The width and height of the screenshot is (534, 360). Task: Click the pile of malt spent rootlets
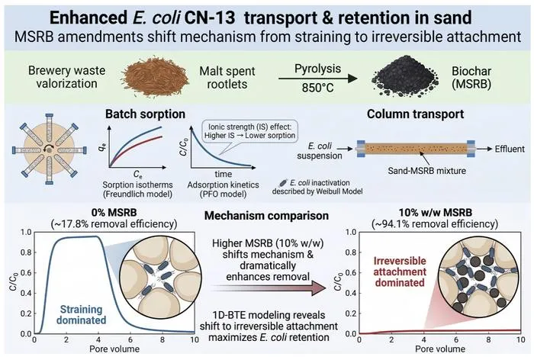pyautogui.click(x=156, y=77)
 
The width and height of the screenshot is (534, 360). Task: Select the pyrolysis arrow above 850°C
pyautogui.click(x=318, y=79)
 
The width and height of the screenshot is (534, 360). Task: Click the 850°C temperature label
pyautogui.click(x=318, y=88)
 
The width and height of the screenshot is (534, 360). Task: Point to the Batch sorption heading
pyautogui.click(x=145, y=114)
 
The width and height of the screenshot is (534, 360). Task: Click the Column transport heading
pyautogui.click(x=415, y=114)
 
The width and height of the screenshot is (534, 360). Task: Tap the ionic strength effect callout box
pyautogui.click(x=249, y=131)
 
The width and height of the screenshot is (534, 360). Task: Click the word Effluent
pyautogui.click(x=510, y=149)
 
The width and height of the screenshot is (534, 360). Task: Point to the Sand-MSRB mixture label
pyautogui.click(x=426, y=170)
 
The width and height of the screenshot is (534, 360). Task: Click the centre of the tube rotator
pyautogui.click(x=50, y=149)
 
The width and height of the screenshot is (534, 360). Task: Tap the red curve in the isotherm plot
pyautogui.click(x=137, y=150)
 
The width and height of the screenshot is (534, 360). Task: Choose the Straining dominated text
pyautogui.click(x=81, y=314)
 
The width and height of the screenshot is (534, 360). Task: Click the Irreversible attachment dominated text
pyautogui.click(x=400, y=272)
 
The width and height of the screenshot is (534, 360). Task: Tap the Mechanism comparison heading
pyautogui.click(x=266, y=216)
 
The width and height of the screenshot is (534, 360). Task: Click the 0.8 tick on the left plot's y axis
pyautogui.click(x=26, y=252)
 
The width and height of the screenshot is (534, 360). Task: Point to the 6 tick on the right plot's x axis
pyautogui.click(x=456, y=340)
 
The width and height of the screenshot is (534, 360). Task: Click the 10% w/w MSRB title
pyautogui.click(x=436, y=213)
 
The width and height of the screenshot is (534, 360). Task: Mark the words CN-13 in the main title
pyautogui.click(x=210, y=18)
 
